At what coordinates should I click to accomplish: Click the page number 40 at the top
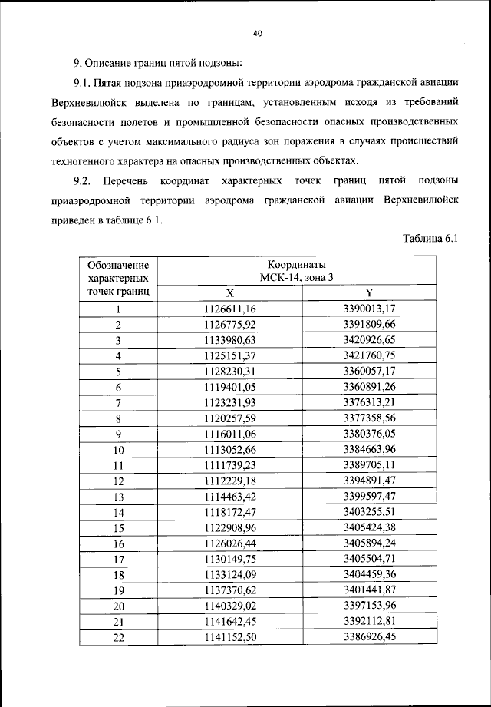[x=258, y=32]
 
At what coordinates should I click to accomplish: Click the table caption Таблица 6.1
[x=430, y=237]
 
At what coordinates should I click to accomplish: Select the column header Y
[x=369, y=293]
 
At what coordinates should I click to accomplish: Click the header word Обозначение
[x=118, y=263]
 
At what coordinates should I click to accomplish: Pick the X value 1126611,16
[x=230, y=309]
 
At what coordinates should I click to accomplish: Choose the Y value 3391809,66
[x=369, y=325]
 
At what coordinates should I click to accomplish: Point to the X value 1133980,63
[x=230, y=340]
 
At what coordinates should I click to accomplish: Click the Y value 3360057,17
[x=369, y=372]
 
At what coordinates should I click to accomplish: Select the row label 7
[x=119, y=403]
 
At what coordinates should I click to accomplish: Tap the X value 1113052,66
[x=230, y=450]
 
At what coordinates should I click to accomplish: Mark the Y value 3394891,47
[x=369, y=481]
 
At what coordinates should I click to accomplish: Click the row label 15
[x=119, y=528]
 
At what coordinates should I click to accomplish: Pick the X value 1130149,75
[x=230, y=560]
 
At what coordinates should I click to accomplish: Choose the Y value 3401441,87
[x=369, y=590]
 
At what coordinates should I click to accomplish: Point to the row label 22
[x=119, y=637]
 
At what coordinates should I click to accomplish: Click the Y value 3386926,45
[x=369, y=637]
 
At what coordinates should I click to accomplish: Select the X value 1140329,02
[x=230, y=606]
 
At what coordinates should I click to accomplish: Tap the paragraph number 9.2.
[x=82, y=180]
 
